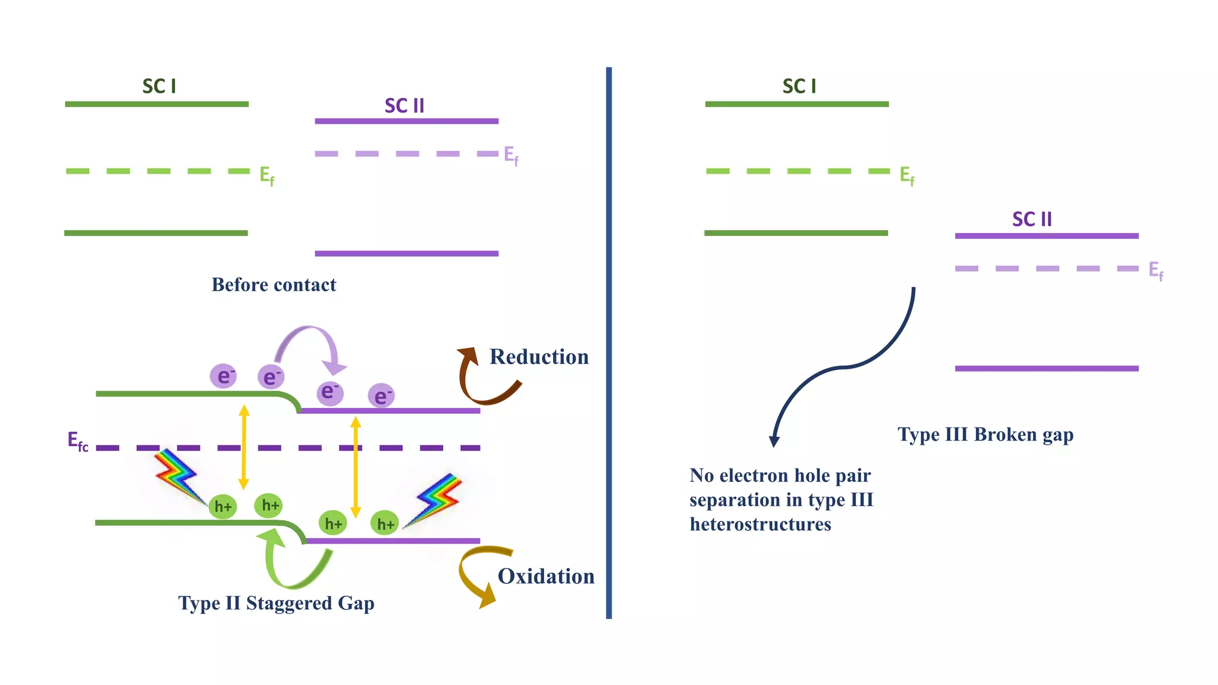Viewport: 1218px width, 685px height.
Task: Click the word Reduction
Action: click(539, 357)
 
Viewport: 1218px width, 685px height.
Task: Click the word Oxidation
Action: click(546, 576)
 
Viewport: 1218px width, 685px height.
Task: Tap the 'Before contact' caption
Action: click(274, 285)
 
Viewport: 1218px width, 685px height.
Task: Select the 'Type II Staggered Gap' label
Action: click(276, 603)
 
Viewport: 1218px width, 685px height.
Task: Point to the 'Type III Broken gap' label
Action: click(985, 435)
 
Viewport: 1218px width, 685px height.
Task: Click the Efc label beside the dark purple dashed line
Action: click(78, 441)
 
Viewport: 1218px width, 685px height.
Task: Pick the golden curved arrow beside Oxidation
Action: click(476, 574)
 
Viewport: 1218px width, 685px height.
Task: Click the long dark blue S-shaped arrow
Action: click(845, 367)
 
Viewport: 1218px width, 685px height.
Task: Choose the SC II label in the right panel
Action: click(1032, 219)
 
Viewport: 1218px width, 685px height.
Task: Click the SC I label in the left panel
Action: click(159, 86)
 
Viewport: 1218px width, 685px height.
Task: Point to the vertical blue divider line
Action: click(608, 342)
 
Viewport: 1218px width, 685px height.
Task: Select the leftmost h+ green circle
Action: click(223, 507)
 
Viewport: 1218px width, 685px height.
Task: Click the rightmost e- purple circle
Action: click(381, 396)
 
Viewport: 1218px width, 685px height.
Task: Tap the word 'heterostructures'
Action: click(760, 524)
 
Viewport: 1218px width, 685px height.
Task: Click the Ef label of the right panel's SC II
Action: click(1156, 271)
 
